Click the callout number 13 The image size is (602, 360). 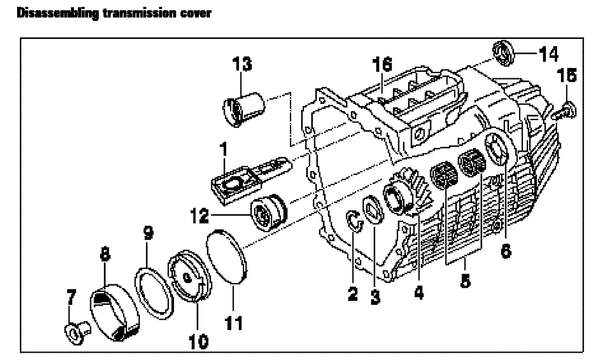tap(242, 65)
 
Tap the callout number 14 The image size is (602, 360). tap(548, 54)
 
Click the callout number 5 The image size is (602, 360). tap(465, 280)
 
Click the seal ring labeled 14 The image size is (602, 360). tap(505, 53)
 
